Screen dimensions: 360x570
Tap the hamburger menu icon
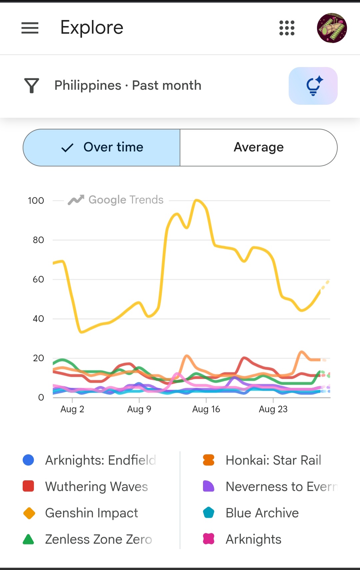point(30,28)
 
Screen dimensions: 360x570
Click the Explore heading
point(92,27)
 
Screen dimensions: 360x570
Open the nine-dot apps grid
point(287,28)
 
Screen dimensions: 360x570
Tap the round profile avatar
point(332,28)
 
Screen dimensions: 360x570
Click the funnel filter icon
point(32,85)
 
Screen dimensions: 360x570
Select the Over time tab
point(101,147)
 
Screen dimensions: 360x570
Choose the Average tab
point(259,147)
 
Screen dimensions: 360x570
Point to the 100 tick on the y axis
point(36,200)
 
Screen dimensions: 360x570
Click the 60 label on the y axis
point(38,279)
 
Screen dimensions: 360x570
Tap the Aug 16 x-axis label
point(206,409)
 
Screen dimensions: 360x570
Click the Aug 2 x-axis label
point(72,409)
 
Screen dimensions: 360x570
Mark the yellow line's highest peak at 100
point(197,200)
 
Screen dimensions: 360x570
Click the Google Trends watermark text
point(126,200)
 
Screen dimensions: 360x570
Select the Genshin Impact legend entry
point(81,513)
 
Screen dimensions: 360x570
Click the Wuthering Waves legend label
point(97,487)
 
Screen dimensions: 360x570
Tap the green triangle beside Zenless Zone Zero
point(28,539)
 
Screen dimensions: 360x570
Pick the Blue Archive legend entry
point(251,513)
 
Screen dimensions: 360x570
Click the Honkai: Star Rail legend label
point(274,460)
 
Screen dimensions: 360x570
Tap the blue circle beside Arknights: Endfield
point(28,460)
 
